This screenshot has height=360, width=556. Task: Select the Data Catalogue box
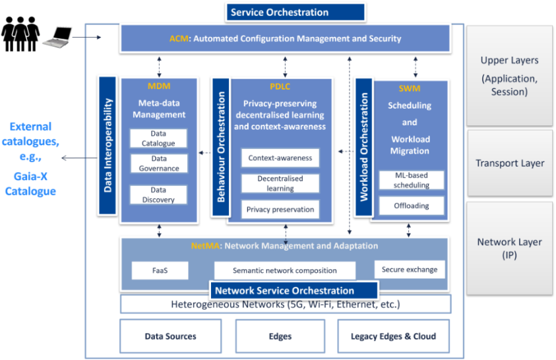click(158, 138)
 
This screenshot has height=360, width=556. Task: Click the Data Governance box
click(158, 164)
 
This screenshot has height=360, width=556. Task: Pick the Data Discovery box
click(158, 195)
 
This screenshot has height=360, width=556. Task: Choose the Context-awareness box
click(280, 158)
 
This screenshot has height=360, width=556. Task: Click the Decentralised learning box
click(280, 183)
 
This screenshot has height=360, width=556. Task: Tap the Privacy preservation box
click(280, 210)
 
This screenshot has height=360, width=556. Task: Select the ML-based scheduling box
click(411, 180)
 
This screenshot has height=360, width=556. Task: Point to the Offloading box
click(411, 206)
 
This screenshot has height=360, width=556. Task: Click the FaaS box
click(160, 270)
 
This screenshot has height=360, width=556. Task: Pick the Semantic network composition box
click(284, 270)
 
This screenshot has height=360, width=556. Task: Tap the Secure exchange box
click(409, 269)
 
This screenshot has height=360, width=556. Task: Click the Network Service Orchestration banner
click(293, 291)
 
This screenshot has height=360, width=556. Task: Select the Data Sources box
click(170, 336)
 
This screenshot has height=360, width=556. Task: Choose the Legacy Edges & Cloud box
click(393, 336)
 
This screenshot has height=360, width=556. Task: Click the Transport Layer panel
click(509, 164)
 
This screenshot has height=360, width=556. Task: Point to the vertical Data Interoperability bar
click(108, 146)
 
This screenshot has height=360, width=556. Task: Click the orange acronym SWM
click(409, 88)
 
